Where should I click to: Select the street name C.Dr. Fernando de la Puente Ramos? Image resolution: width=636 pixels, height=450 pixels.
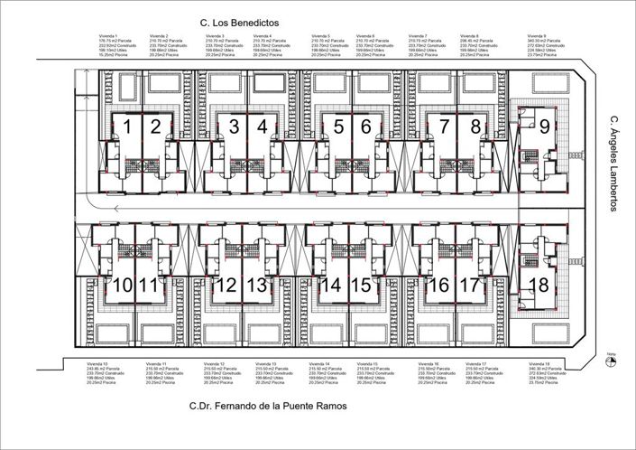[268, 407]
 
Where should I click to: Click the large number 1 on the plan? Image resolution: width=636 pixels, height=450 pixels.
[128, 127]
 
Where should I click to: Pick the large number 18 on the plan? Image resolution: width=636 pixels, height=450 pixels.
[539, 285]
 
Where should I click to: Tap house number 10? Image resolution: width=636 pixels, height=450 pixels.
[123, 286]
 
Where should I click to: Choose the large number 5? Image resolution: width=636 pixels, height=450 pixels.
[337, 127]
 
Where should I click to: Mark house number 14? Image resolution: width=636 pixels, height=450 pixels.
[331, 286]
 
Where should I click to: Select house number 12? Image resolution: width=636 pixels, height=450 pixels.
[226, 286]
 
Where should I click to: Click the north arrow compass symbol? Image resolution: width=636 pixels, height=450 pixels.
[611, 361]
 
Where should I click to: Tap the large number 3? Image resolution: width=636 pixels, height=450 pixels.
[234, 127]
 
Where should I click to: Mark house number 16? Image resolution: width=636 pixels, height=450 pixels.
[437, 286]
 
